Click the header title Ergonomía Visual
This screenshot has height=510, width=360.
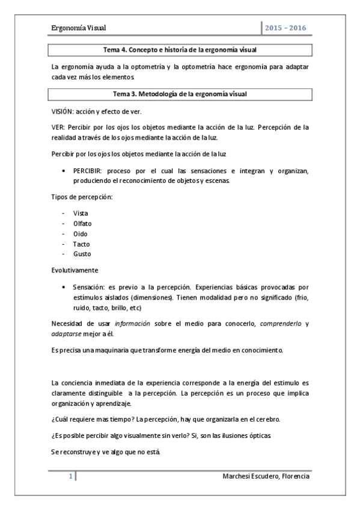click(80, 28)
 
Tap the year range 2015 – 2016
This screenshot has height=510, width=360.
click(287, 28)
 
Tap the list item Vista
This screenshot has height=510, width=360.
click(81, 214)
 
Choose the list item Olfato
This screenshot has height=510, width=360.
click(82, 224)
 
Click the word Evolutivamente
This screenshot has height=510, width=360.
click(75, 269)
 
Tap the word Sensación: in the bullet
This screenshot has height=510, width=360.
click(90, 287)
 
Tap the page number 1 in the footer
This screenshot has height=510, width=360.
click(70, 476)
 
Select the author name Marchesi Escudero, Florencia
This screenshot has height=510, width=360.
click(266, 476)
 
